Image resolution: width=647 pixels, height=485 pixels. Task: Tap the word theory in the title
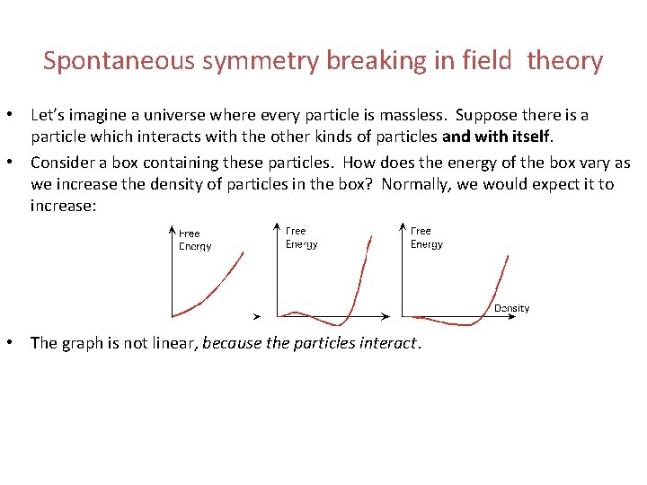[x=564, y=61]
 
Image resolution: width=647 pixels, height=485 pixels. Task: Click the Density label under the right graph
[x=511, y=308]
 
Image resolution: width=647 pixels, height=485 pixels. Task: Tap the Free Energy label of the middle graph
[x=301, y=237]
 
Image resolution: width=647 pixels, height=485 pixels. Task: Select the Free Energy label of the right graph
[x=426, y=237]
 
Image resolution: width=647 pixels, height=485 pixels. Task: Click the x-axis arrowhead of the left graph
[x=257, y=316]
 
